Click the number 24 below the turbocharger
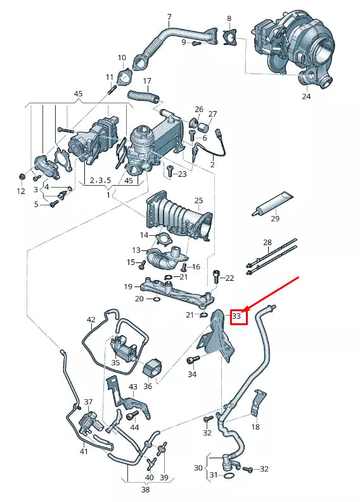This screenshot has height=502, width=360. (x=306, y=97)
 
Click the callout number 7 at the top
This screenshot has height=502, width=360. (x=169, y=16)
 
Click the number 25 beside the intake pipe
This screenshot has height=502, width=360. (x=198, y=201)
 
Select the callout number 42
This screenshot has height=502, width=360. (x=91, y=319)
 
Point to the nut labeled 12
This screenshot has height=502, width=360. (x=22, y=176)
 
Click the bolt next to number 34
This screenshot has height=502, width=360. (x=192, y=360)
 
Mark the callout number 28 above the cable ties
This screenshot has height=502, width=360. (x=267, y=243)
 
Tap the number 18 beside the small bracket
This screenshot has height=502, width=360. (x=255, y=427)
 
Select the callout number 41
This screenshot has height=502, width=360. (x=84, y=451)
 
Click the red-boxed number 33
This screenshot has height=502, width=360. (x=237, y=315)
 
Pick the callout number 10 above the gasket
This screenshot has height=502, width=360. (x=122, y=58)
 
